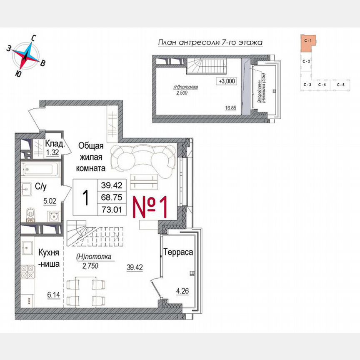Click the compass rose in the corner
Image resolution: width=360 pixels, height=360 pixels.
26,55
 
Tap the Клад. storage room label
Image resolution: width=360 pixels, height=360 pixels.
55,144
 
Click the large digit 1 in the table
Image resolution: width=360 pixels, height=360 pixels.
86,197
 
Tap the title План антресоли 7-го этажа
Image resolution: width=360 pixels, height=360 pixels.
212,42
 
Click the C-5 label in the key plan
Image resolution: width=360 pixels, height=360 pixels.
340,85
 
